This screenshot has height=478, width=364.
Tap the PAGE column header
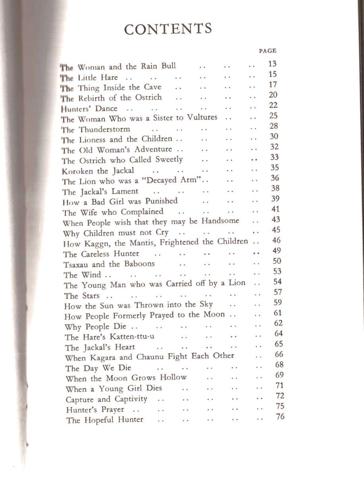pos(267,51)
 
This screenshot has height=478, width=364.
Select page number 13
pos(273,64)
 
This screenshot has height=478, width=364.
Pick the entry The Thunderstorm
pos(96,129)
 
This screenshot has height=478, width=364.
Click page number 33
pos(274,157)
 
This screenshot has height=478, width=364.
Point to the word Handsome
pos(220,221)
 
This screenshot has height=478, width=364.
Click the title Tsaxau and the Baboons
pos(109,264)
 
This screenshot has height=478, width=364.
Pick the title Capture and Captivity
pos(106,399)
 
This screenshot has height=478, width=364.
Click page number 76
pos(280,417)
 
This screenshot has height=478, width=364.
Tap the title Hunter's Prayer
pos(95,409)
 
